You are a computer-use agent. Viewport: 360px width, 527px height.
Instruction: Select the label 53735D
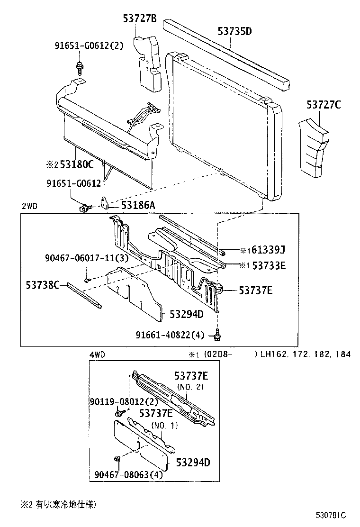pos(234,32)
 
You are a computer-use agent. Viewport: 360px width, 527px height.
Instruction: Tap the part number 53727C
pos(323,105)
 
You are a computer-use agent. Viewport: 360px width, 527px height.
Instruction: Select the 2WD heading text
pos(29,206)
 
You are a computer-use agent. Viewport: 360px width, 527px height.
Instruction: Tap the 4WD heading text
pos(97,354)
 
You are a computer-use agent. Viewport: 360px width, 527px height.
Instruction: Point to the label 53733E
pos(268,266)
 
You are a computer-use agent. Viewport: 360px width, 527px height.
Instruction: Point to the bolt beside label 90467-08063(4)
pos(117,459)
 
